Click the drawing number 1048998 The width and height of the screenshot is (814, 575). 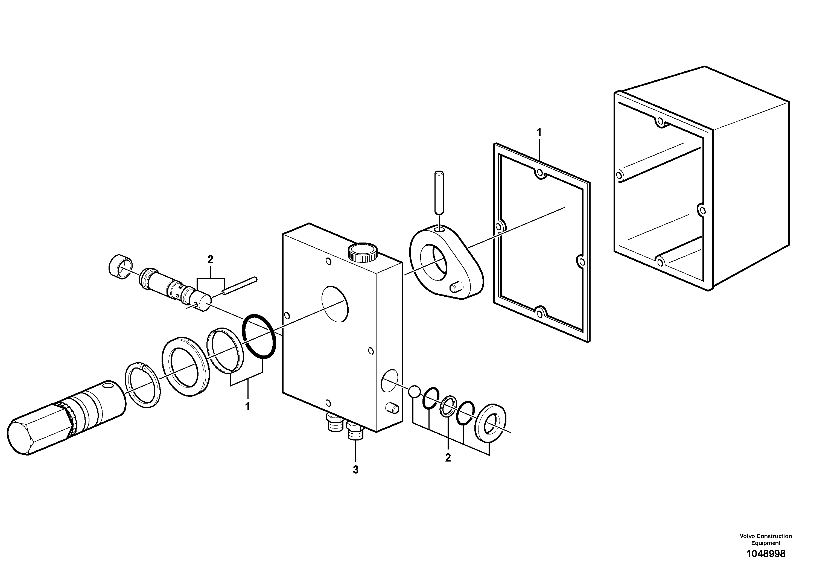(766, 554)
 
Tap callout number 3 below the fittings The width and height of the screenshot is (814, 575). (355, 470)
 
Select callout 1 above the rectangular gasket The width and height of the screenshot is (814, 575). (539, 133)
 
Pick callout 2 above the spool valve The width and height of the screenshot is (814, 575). (210, 259)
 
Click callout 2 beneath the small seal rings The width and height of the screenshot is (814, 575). (448, 458)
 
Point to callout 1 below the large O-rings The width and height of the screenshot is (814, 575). (247, 406)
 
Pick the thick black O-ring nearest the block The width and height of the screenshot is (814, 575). (258, 336)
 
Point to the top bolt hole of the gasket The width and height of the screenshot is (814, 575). (539, 173)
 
